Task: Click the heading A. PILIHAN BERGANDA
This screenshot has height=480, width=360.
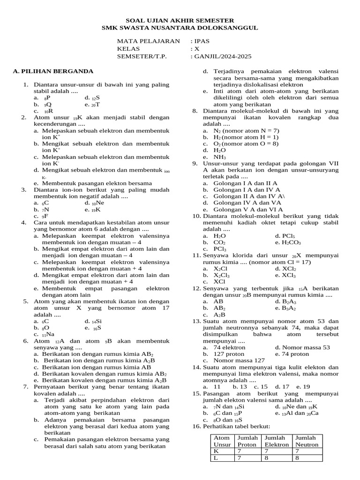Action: (53, 71)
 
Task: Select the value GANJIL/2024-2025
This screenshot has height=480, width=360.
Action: (223, 57)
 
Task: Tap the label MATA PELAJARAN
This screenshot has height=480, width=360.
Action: (148, 41)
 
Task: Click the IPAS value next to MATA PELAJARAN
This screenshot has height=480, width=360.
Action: (202, 41)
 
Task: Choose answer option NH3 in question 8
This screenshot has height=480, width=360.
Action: (220, 157)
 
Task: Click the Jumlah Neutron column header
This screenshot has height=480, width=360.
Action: (306, 441)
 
